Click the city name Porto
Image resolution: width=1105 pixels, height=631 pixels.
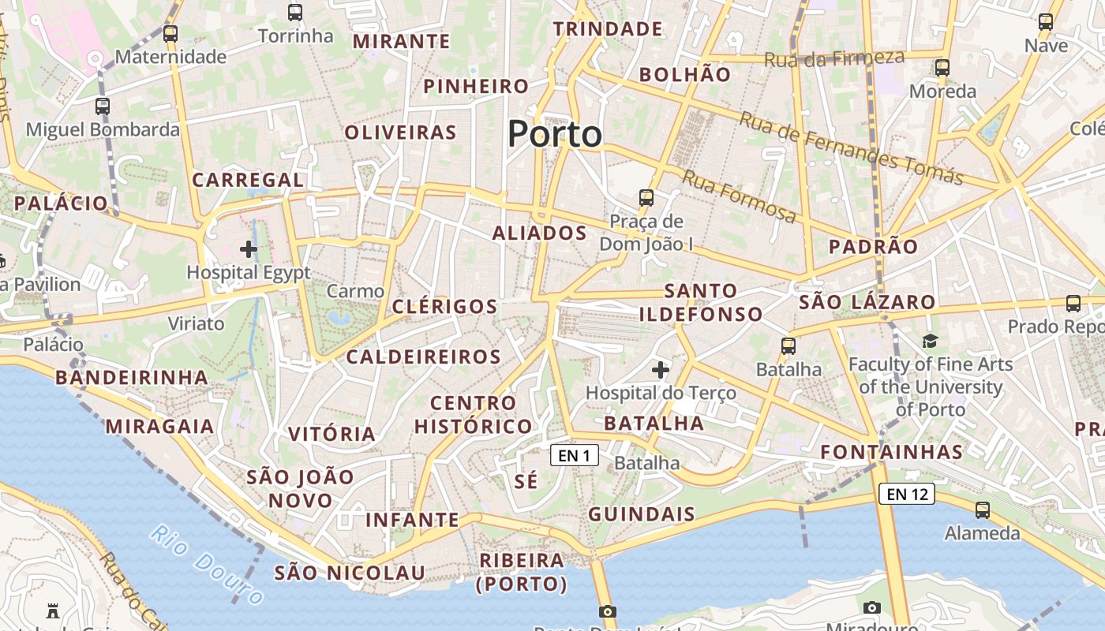click(555, 134)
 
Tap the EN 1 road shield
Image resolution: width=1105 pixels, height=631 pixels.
click(575, 455)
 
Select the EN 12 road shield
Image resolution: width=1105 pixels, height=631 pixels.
click(907, 495)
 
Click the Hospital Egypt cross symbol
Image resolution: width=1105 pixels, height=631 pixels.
click(249, 250)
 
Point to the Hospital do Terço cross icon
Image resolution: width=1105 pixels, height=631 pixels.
click(661, 369)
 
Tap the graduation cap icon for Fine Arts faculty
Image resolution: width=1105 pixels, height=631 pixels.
click(931, 342)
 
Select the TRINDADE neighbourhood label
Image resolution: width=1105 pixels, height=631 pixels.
click(608, 29)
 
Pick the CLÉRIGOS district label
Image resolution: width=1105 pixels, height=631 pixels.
click(445, 307)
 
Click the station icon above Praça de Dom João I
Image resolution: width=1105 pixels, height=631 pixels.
click(646, 197)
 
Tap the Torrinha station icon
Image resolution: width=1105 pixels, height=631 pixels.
click(295, 13)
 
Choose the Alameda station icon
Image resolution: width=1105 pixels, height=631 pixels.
click(983, 510)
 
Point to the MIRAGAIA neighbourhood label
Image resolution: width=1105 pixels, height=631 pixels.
click(160, 427)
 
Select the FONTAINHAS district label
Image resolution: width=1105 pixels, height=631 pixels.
click(892, 452)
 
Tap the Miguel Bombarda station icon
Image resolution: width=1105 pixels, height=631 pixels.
click(103, 106)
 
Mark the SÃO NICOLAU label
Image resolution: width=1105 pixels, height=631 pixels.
click(350, 573)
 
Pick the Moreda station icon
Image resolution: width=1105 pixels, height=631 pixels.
click(942, 68)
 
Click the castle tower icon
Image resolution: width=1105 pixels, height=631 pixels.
click(53, 610)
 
